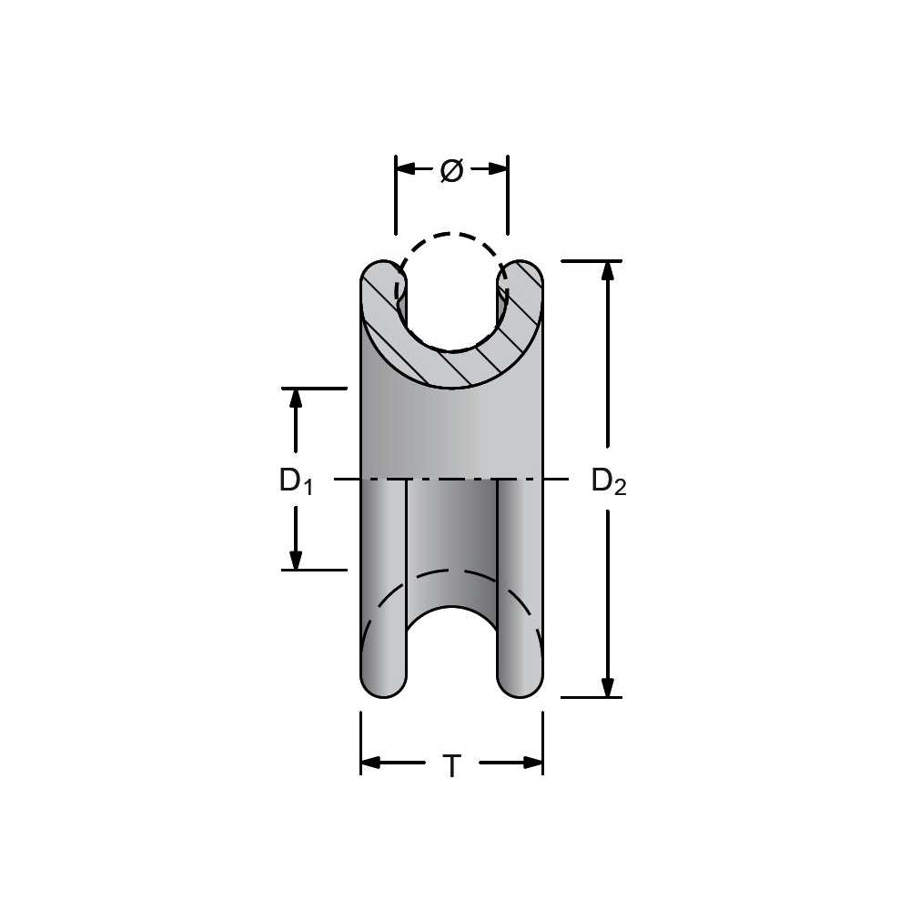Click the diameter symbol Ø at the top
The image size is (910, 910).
pyautogui.click(x=451, y=170)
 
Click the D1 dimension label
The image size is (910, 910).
pyautogui.click(x=296, y=481)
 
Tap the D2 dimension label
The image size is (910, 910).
pyautogui.click(x=609, y=481)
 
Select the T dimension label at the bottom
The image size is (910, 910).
pyautogui.click(x=451, y=765)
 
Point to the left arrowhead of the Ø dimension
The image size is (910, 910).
pyautogui.click(x=406, y=169)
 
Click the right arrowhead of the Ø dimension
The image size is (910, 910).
pyautogui.click(x=498, y=169)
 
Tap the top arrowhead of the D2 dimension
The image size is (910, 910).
pyautogui.click(x=608, y=271)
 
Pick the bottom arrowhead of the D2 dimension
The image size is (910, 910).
pyautogui.click(x=608, y=686)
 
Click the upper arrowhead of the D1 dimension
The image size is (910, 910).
pyautogui.click(x=296, y=399)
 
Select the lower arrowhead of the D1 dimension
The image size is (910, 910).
pyautogui.click(x=296, y=560)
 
